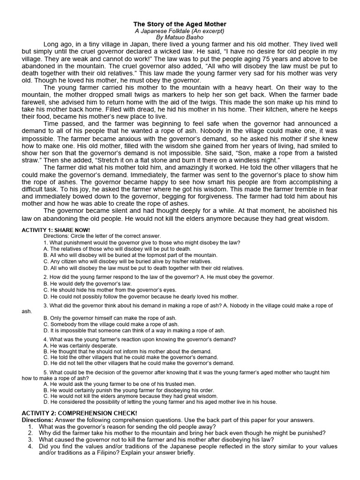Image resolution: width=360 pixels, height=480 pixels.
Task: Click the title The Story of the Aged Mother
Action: [180, 24]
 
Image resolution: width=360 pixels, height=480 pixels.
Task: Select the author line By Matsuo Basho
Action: [180, 37]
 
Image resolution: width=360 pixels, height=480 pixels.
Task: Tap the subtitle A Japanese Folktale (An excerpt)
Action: [180, 30]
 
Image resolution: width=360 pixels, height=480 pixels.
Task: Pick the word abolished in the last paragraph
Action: [314, 211]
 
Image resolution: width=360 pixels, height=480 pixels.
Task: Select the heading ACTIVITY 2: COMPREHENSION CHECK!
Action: [79, 412]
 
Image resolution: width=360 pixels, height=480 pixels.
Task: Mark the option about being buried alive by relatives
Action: [127, 262]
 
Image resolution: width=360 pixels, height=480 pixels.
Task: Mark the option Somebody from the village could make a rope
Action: [111, 324]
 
